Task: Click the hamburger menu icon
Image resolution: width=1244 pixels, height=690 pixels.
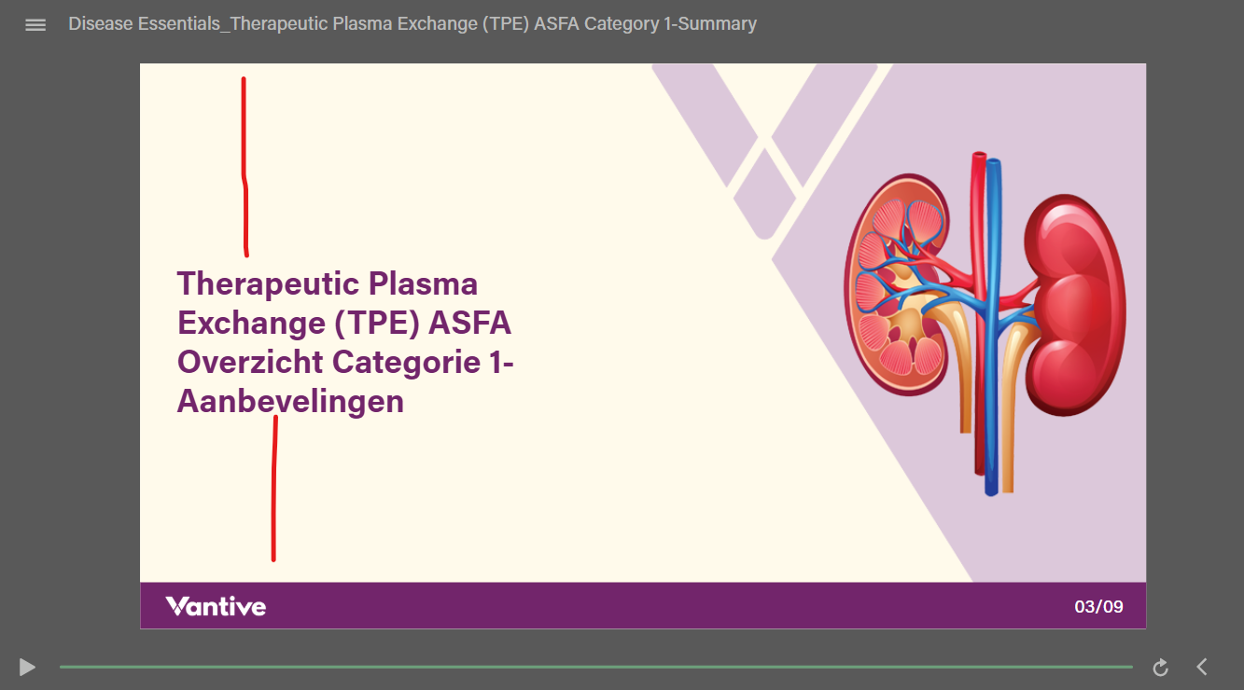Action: [x=35, y=25]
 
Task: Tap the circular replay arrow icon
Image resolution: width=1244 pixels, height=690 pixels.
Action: [x=1160, y=668]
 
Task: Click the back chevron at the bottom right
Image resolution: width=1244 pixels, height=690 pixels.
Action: [x=1202, y=667]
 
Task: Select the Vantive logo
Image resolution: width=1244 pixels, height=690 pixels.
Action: [x=216, y=606]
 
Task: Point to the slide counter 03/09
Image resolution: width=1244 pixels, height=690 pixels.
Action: [x=1098, y=607]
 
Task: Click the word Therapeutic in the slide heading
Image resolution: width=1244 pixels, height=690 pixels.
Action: [x=268, y=285]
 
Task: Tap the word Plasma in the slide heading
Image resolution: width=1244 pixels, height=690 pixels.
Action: [x=423, y=284]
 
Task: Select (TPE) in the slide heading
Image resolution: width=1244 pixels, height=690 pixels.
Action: [x=376, y=324]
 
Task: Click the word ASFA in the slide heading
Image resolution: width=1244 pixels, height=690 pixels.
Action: [x=469, y=323]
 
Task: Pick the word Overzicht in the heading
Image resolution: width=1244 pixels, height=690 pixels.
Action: [x=250, y=362]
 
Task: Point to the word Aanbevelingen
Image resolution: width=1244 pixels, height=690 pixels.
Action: [x=290, y=402]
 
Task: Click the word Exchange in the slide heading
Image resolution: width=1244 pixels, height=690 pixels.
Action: [x=251, y=324]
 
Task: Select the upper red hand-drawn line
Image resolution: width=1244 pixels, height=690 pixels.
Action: [x=245, y=167]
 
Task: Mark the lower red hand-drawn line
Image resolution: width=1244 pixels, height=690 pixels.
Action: [x=274, y=489]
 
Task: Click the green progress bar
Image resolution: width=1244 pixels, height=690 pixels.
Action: [x=596, y=667]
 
